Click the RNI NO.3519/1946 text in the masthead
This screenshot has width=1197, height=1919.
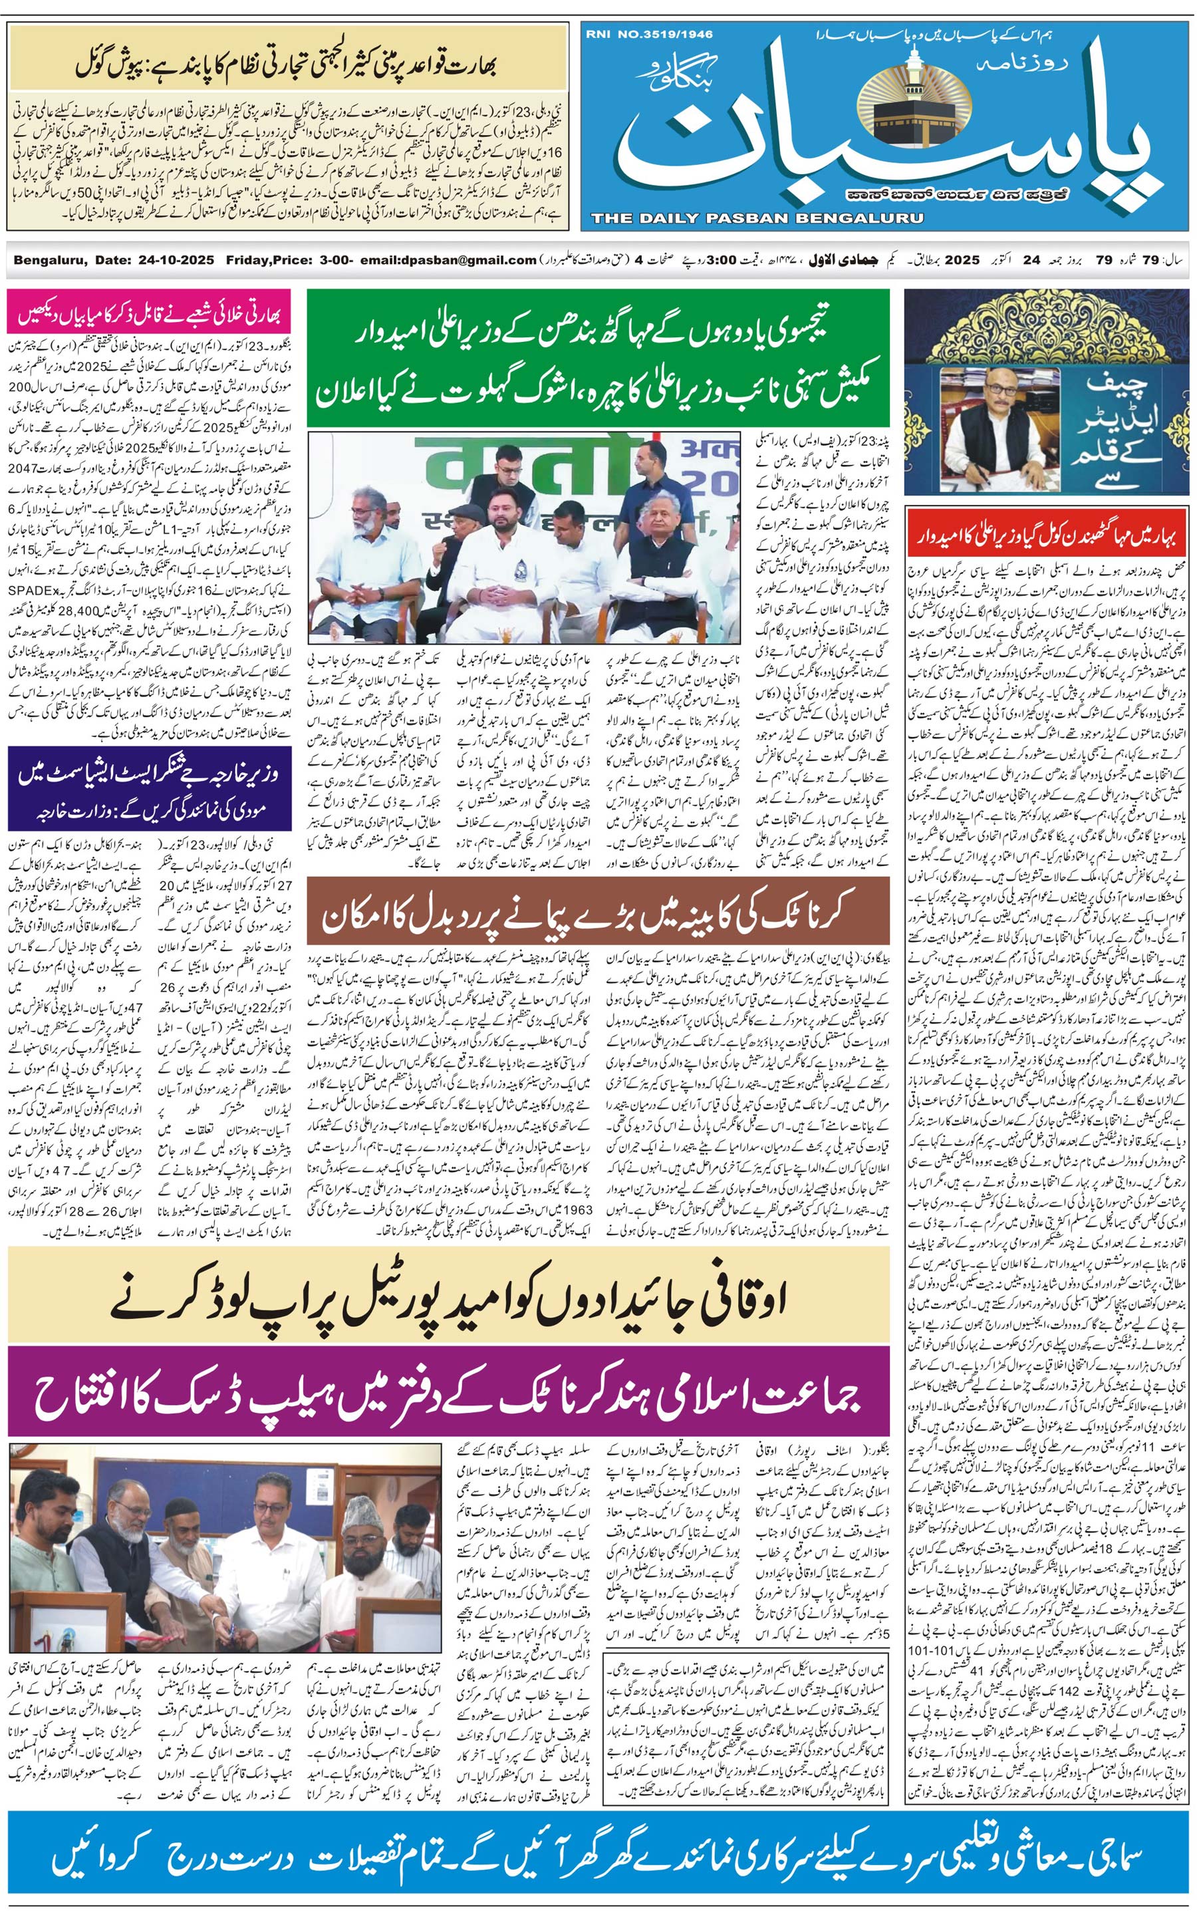tap(649, 34)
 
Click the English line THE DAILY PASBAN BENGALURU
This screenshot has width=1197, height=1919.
tap(757, 218)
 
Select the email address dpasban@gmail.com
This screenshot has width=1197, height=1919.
tap(448, 259)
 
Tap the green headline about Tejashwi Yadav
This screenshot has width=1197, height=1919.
tap(598, 359)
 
